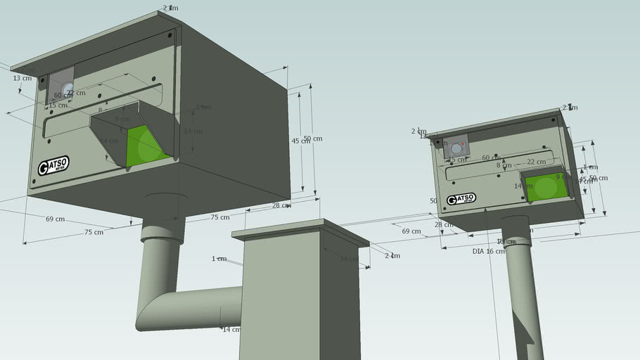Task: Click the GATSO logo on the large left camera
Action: (53, 167)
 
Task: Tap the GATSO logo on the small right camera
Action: (461, 199)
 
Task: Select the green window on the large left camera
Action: (146, 146)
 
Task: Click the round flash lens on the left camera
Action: (68, 89)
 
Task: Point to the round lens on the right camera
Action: (456, 148)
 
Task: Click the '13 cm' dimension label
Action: (23, 78)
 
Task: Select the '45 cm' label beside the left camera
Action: (300, 141)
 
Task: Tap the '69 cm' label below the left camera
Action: (56, 219)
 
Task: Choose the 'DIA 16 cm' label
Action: (488, 251)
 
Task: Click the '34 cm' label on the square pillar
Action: (349, 259)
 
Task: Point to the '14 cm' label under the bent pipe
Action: (230, 329)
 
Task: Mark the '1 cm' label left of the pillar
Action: (219, 259)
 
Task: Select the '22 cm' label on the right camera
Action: (536, 162)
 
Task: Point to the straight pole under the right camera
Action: (522, 295)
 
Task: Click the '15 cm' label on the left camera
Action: (58, 105)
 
